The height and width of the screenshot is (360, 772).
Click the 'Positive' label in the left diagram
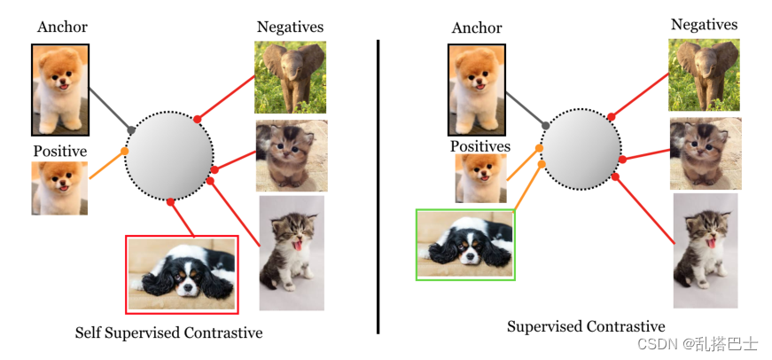pos(59,151)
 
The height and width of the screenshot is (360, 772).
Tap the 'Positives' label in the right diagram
pos(480,145)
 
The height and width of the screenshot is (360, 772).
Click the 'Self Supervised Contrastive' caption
pos(168,333)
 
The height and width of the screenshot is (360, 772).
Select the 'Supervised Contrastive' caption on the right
pos(586,326)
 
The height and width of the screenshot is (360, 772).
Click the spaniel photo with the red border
pos(182,274)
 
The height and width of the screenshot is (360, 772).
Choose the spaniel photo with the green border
pos(465,245)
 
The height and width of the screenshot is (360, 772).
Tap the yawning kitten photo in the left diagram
pos(292,253)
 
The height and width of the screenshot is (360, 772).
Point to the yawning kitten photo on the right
pos(706,251)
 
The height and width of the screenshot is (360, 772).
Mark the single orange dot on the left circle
pos(125,152)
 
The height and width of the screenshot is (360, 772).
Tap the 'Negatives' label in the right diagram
pos(704,24)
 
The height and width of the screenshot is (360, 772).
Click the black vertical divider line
pos(378,186)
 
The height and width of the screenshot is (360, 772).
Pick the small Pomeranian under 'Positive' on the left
pos(59,188)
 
